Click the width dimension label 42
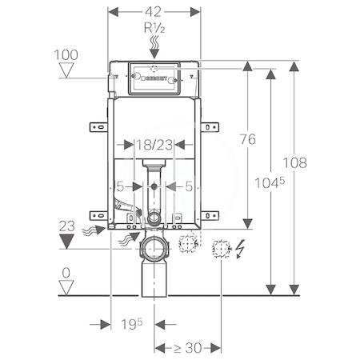[x=154, y=12]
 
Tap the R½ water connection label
[x=154, y=28]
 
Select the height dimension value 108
[x=294, y=162]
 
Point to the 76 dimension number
[x=248, y=139]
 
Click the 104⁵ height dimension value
[x=270, y=183]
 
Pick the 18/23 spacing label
[x=154, y=145]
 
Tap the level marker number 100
[x=66, y=55]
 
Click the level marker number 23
[x=66, y=226]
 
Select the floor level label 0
[x=66, y=273]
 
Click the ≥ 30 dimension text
[x=187, y=348]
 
